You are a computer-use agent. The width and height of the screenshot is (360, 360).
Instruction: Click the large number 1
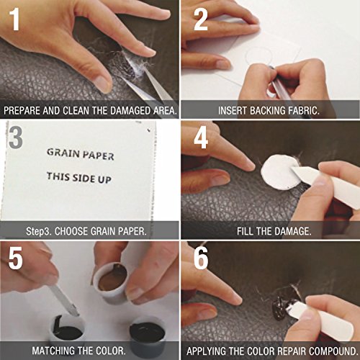[14, 19]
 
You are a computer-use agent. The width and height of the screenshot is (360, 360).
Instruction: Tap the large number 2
[201, 19]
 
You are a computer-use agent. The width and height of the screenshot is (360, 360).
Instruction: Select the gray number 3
[16, 138]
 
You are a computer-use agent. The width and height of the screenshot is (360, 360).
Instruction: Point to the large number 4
[201, 138]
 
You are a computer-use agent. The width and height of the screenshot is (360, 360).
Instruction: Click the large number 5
[16, 258]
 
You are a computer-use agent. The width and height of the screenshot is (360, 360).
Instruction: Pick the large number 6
[201, 258]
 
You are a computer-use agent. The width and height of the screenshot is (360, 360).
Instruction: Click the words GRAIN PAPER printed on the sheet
[81, 154]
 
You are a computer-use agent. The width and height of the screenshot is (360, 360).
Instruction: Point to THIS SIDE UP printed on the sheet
[79, 178]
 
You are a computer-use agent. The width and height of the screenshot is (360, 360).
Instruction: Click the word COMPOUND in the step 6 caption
[333, 351]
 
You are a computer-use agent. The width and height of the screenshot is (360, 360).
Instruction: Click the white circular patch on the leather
[280, 172]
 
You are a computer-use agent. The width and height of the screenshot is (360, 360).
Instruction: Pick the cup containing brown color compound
[111, 283]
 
